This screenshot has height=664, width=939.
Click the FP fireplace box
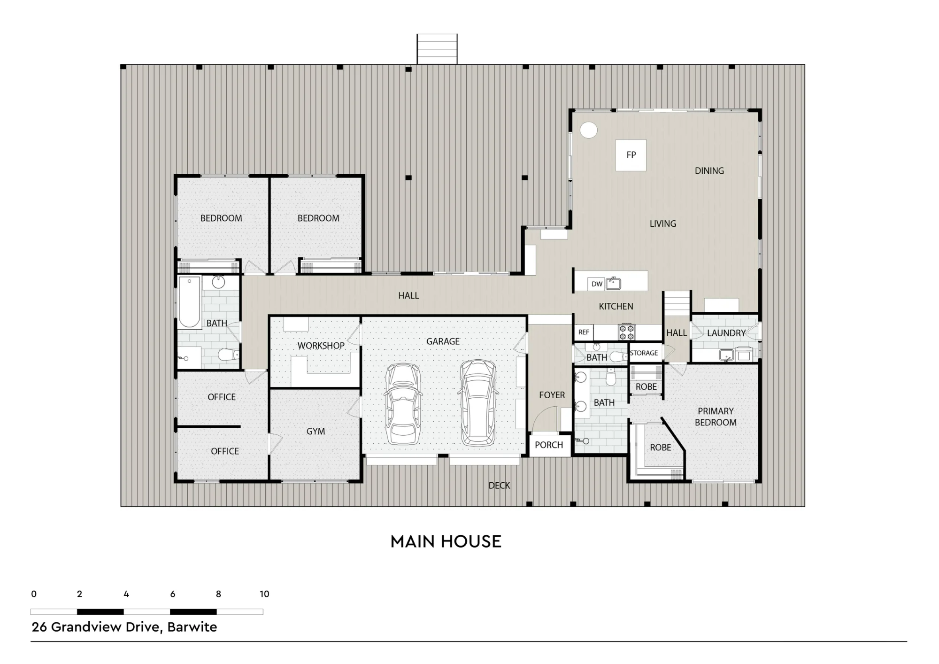coord(631,155)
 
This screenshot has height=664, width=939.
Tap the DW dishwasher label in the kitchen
coord(597,284)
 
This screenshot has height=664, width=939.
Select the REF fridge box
coord(584,332)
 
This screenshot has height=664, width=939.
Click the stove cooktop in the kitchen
coord(626,332)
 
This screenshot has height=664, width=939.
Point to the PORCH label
coord(549,445)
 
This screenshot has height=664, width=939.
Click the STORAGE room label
coord(644,353)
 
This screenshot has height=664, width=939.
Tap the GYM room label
coord(316,431)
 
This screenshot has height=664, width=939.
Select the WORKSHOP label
coord(321,346)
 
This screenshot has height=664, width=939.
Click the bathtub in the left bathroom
coord(189,301)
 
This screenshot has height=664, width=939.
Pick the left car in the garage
coord(402,403)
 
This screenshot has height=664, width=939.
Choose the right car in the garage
coord(477,402)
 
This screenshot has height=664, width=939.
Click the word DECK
coord(499,486)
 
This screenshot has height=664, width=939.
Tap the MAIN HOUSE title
coord(446,541)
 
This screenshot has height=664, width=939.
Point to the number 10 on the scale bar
coord(264,594)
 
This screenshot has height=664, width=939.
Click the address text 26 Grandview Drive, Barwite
coord(124,627)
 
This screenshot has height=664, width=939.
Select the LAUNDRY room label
coord(726,333)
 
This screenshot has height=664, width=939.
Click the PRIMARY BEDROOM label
coord(716,417)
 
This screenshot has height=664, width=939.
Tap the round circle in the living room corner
coord(589,130)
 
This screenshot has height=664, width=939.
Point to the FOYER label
coord(552,395)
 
